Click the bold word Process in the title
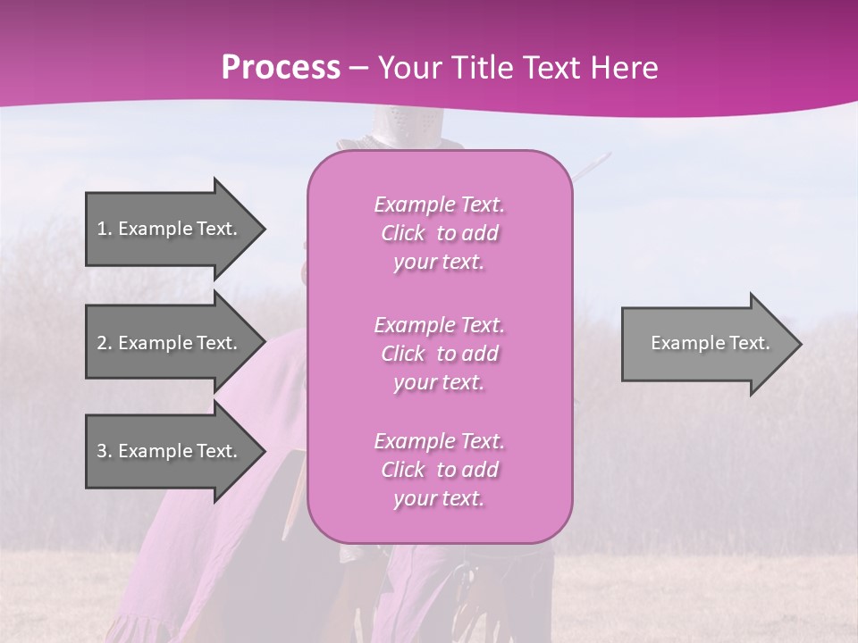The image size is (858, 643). pos(281,68)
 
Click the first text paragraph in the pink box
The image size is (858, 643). pos(439,233)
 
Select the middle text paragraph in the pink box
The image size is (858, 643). pos(439,354)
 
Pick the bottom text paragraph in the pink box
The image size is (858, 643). pos(439,470)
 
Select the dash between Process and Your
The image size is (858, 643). pos(358,68)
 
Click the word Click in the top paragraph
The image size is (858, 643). pos(403,233)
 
